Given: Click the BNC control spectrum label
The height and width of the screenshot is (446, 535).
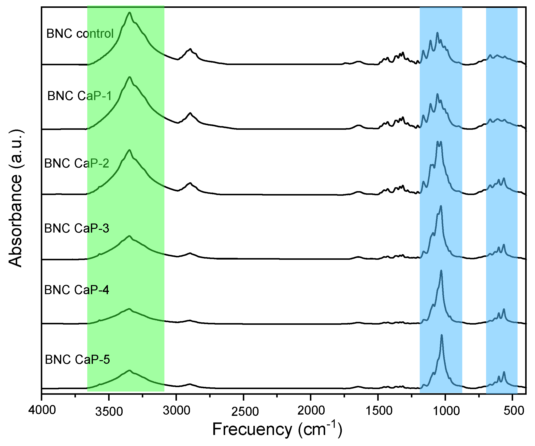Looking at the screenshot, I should pos(80,34).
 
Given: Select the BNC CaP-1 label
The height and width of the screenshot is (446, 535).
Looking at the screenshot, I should pos(79,96).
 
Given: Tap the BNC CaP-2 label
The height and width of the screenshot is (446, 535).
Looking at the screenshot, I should pos(77,163).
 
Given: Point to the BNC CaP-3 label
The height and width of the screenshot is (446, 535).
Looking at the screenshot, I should pos(77,228).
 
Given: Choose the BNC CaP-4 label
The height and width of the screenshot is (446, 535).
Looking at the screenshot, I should pos(77,290).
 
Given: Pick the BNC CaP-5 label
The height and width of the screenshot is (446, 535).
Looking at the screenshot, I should pos(77,360).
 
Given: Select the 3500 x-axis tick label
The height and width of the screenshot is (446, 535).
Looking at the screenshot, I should pos(109,411).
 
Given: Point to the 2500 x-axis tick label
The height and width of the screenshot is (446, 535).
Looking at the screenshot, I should pos(244,411).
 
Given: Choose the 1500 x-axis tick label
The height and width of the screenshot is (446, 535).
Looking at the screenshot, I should pos(378,411).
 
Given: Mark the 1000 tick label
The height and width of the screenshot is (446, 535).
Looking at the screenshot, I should pos(445,411).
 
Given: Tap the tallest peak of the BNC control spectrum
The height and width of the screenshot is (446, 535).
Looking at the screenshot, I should pos(130,13).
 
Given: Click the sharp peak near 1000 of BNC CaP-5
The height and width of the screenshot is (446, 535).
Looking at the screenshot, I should pos(442,335).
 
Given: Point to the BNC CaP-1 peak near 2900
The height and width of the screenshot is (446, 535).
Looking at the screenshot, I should pos(190,113).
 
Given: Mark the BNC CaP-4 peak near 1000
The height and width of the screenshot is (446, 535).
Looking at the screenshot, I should pos(441,271).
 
